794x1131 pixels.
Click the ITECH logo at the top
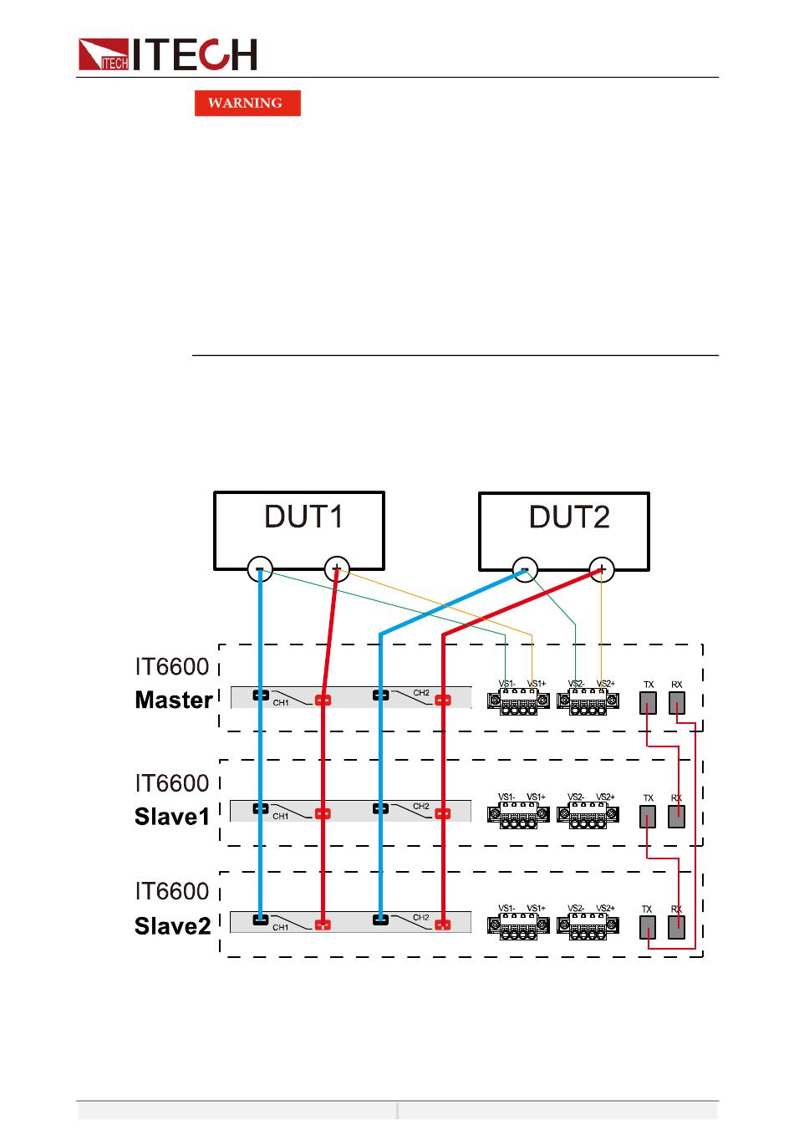[167, 54]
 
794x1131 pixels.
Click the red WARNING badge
[247, 103]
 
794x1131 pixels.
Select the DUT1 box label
[303, 517]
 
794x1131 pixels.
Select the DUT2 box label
[569, 517]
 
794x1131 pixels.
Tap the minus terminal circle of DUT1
[260, 569]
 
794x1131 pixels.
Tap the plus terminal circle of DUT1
[336, 569]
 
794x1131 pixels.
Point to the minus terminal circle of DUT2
[525, 569]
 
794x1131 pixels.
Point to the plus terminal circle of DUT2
[601, 569]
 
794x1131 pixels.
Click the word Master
[173, 701]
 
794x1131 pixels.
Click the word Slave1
[172, 817]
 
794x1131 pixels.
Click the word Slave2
[172, 926]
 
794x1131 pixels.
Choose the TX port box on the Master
[648, 703]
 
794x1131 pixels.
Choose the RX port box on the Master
[677, 703]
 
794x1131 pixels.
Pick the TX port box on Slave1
[648, 817]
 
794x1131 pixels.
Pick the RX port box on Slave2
[677, 927]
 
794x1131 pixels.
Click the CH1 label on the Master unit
[281, 703]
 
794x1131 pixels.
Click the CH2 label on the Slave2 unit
[420, 918]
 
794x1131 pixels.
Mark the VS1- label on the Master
[506, 684]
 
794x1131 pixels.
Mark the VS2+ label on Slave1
[605, 797]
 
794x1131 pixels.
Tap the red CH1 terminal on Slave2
[323, 925]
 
